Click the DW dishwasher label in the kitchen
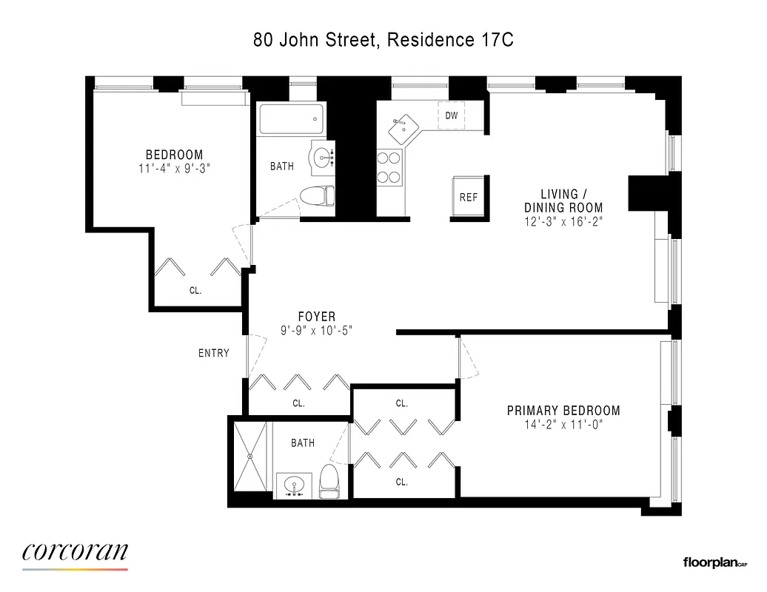click(451, 115)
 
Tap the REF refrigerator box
click(468, 197)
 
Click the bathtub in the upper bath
click(290, 119)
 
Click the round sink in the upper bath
click(324, 157)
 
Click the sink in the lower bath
click(295, 486)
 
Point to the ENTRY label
click(213, 354)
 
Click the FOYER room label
click(317, 317)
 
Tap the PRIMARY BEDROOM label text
click(563, 411)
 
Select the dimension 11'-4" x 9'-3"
click(174, 168)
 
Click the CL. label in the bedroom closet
click(195, 291)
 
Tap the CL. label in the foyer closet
click(298, 404)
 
